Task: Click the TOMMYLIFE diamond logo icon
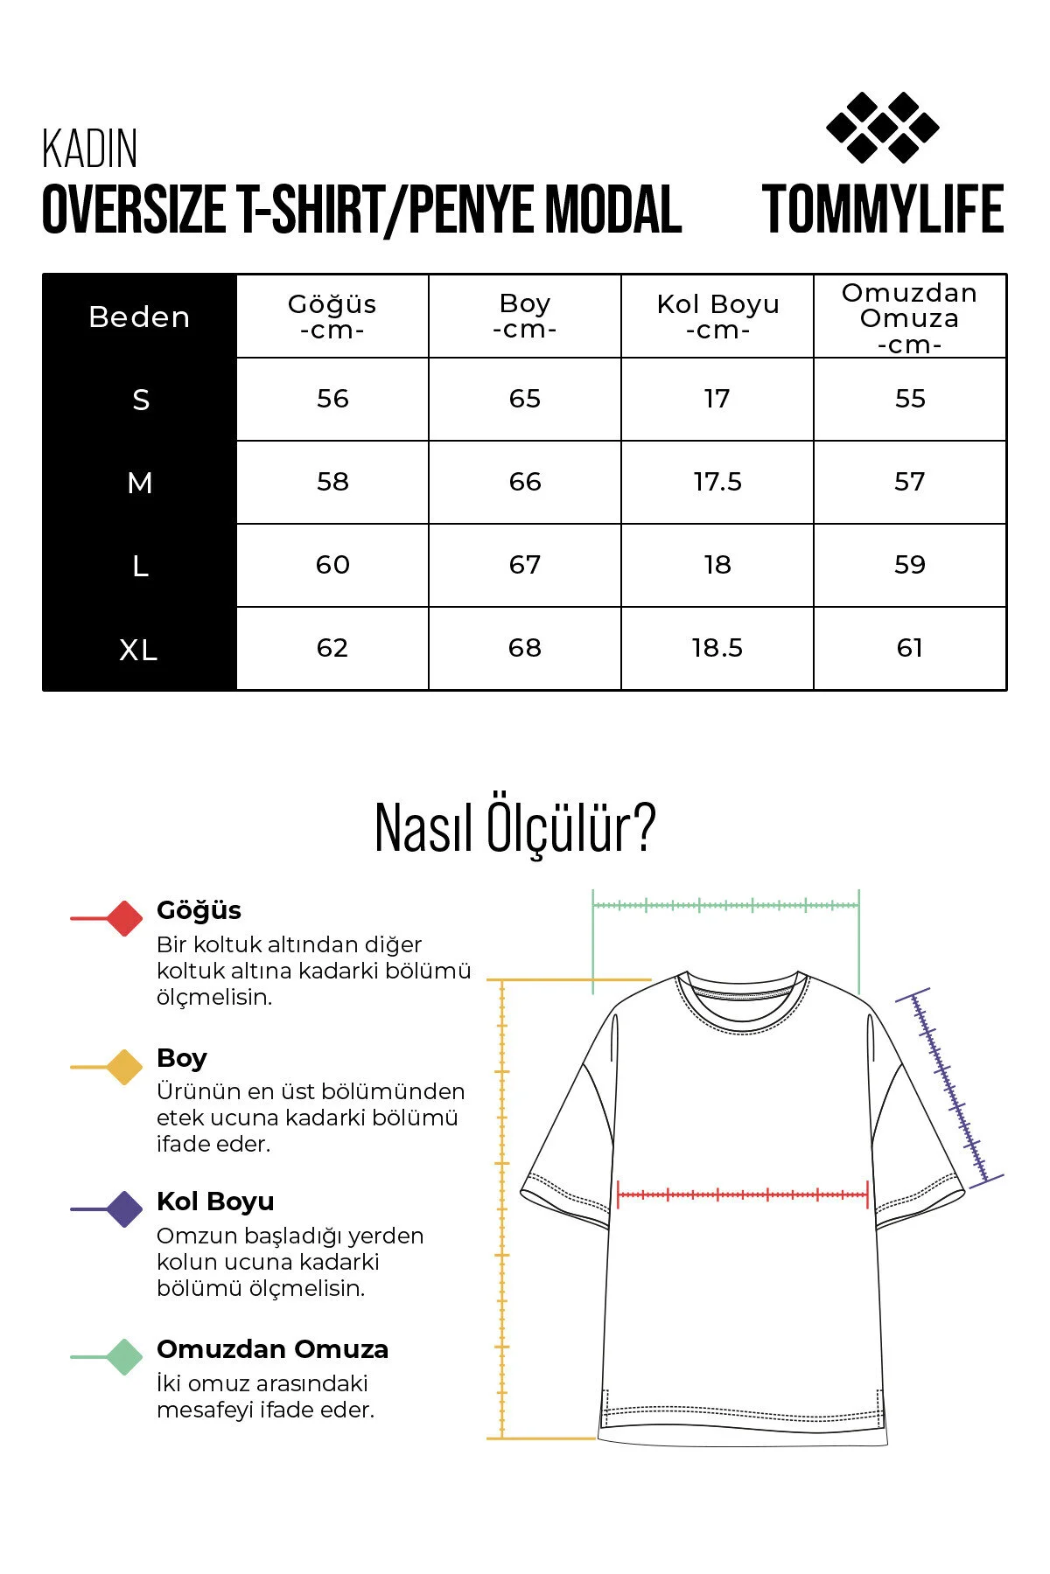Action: [x=882, y=128]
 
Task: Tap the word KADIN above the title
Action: [x=90, y=150]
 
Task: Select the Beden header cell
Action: [x=140, y=317]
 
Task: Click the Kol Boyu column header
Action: [x=717, y=317]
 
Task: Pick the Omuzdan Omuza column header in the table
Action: [x=909, y=317]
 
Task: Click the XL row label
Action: [x=139, y=650]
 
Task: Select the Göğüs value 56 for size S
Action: [x=332, y=399]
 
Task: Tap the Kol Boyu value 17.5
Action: [x=717, y=482]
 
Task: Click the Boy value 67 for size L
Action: [x=525, y=565]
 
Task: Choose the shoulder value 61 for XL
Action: [x=909, y=648]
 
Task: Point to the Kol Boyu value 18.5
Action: [x=717, y=648]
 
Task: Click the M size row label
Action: [x=140, y=483]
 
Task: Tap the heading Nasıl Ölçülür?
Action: [x=514, y=827]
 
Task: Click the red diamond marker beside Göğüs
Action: [x=124, y=918]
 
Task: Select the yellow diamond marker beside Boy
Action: [x=124, y=1067]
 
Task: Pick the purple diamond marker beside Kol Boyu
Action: [x=124, y=1209]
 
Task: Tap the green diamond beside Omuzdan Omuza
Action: [x=124, y=1356]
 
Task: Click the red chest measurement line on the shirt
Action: [x=742, y=1194]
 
